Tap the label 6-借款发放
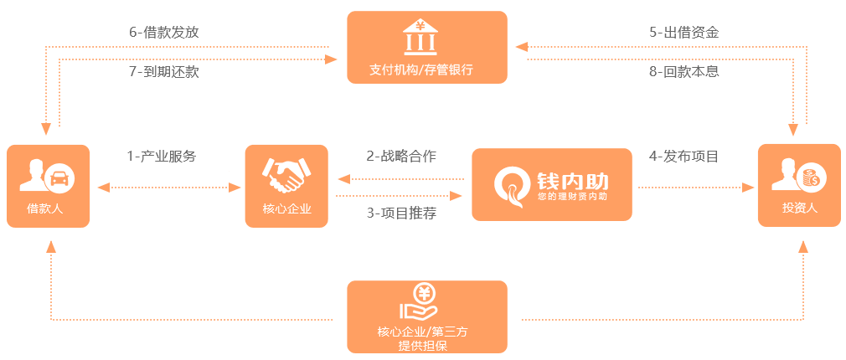coord(164,33)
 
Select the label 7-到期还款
coord(164,72)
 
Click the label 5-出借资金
coord(684,33)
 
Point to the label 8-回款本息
coord(684,72)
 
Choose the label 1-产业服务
coord(162,157)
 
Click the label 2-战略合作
coord(401,157)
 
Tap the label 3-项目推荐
coord(401,213)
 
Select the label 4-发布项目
coord(684,157)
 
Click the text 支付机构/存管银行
coord(421,69)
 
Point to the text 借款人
coord(45,208)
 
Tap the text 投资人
coord(800,208)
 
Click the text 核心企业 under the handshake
coord(287,208)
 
